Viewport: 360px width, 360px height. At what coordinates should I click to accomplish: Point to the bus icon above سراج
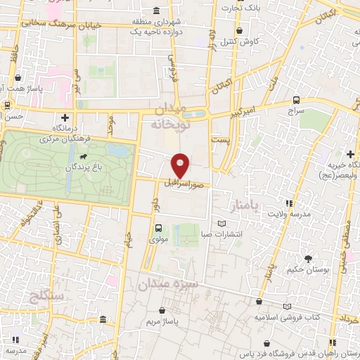tap(296, 100)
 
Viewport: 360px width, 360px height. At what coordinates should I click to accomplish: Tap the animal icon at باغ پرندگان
tap(84, 156)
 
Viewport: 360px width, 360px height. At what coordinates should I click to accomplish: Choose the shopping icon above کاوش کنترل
tap(240, 31)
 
